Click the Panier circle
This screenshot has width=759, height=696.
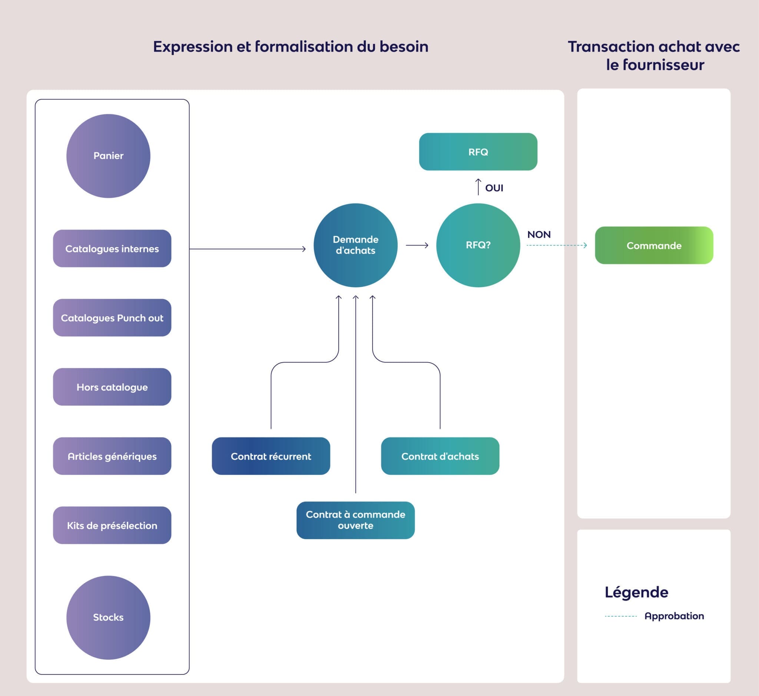[108, 156]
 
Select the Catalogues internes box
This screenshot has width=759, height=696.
[112, 249]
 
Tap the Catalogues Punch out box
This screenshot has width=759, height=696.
[112, 318]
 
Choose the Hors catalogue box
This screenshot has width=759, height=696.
[112, 387]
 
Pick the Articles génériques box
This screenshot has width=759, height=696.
[112, 456]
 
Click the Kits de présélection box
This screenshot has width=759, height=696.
[112, 526]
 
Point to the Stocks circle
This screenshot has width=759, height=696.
[108, 617]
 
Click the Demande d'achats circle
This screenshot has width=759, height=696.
[355, 245]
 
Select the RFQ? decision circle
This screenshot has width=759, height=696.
[478, 245]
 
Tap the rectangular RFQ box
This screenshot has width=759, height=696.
[478, 152]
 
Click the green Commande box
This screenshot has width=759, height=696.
[654, 246]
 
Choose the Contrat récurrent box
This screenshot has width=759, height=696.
[271, 456]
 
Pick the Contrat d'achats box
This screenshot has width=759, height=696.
[440, 456]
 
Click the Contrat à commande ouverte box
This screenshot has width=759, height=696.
[355, 520]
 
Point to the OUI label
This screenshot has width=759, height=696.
[494, 188]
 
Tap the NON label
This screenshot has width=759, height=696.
[538, 234]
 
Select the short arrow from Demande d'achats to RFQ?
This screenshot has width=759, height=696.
[417, 245]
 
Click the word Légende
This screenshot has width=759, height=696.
[636, 592]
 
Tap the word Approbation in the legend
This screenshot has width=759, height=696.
[674, 616]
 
